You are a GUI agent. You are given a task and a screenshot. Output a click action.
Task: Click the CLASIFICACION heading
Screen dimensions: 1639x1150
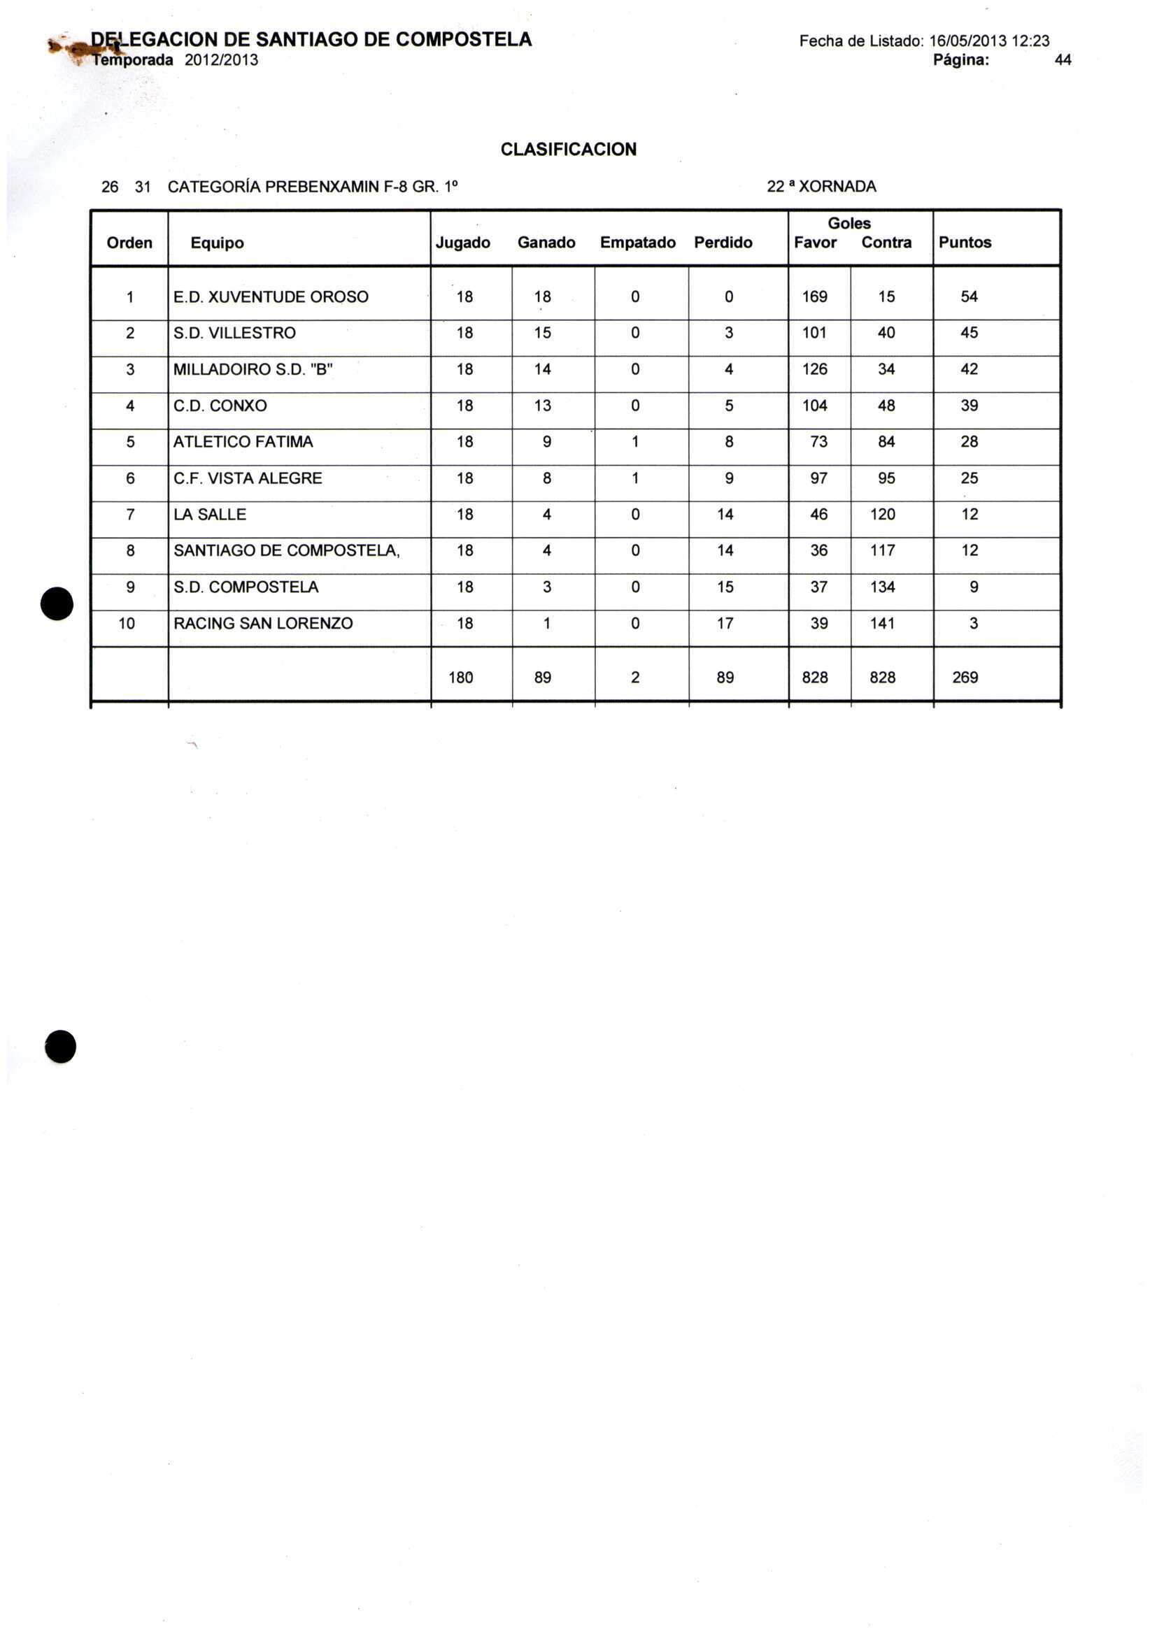[x=568, y=149]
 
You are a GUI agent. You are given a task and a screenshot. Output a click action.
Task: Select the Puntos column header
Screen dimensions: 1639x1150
[x=965, y=243]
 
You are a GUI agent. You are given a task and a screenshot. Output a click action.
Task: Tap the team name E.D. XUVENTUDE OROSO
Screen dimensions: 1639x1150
[x=271, y=297]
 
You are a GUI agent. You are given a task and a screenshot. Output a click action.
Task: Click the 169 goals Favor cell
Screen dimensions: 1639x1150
[x=814, y=297]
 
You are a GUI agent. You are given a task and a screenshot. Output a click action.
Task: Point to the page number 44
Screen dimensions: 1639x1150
[x=1062, y=61]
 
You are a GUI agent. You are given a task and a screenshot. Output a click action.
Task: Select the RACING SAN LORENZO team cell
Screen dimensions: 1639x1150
[x=263, y=624]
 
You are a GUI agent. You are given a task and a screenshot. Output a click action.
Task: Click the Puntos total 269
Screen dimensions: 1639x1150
[x=965, y=678]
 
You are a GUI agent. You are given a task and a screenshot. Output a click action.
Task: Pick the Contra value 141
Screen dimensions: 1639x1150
[x=882, y=624]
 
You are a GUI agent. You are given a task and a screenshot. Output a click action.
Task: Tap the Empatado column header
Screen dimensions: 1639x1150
[x=637, y=243]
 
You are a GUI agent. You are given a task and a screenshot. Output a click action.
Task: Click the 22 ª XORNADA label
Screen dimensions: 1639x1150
[x=821, y=187]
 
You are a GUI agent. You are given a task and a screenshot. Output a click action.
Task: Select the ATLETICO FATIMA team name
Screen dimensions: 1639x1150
[x=243, y=442]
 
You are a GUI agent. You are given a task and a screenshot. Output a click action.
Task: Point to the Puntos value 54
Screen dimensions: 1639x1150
[x=969, y=297]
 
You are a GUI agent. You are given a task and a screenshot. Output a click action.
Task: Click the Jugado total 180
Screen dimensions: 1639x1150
[x=461, y=678]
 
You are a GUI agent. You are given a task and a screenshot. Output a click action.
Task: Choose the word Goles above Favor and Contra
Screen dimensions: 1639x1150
[x=849, y=224]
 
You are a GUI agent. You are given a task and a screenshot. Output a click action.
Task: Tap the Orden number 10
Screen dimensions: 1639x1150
[x=127, y=624]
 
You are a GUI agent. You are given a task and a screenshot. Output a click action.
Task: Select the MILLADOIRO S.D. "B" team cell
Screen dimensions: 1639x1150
[x=253, y=370]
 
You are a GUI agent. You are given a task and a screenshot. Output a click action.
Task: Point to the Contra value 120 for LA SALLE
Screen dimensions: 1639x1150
[x=882, y=515]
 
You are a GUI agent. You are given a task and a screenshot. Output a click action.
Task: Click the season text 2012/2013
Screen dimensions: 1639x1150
[x=222, y=61]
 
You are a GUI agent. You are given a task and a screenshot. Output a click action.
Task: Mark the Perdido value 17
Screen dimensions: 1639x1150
[x=725, y=624]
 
